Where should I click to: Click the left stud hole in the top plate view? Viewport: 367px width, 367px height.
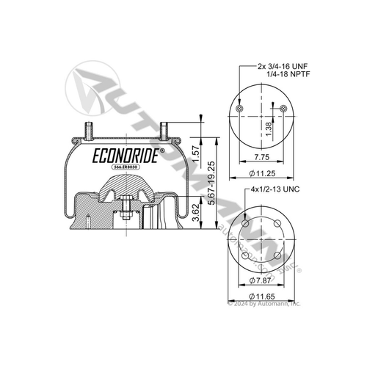point(240,109)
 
